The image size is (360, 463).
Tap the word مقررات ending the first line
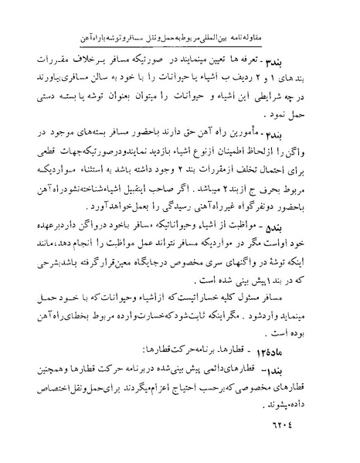(69, 60)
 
